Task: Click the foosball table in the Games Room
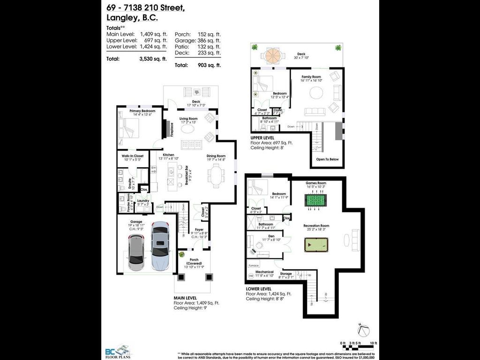pyautogui.click(x=317, y=200)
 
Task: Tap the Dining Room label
pyautogui.click(x=216, y=156)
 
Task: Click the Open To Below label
pyautogui.click(x=327, y=159)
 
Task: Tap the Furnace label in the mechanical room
pyautogui.click(x=254, y=265)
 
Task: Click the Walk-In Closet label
pyautogui.click(x=132, y=156)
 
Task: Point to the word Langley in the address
pyautogui.click(x=119, y=18)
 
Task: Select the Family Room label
pyautogui.click(x=311, y=76)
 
